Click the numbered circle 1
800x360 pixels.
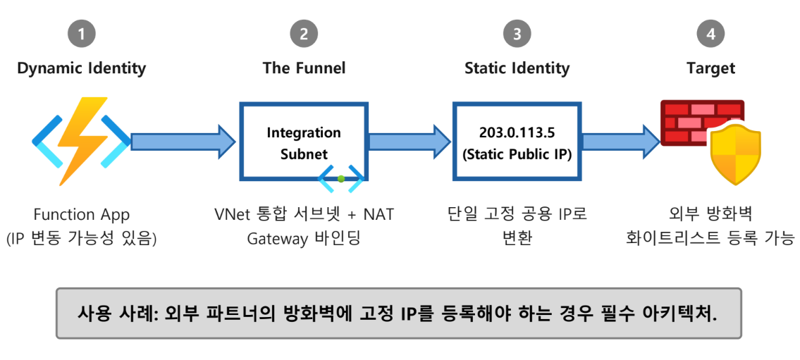pos(81,34)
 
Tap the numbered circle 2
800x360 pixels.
pos(304,34)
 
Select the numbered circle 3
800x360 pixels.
pos(517,34)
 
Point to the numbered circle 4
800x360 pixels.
pos(710,34)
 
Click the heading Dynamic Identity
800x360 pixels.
pos(81,68)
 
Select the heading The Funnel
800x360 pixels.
pos(304,68)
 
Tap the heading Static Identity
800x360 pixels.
pos(517,68)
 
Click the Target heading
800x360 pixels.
pos(710,68)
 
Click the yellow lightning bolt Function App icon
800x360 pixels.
pos(82,141)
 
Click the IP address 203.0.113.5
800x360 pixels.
pos(517,132)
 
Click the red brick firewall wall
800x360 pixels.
pos(687,121)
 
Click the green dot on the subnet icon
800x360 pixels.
pos(341,178)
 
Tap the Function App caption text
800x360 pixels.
pos(81,214)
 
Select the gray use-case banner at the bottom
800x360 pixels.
pos(398,313)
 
